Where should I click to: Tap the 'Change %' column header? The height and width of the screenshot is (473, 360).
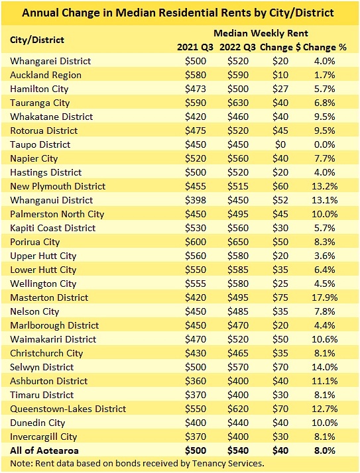point(325,47)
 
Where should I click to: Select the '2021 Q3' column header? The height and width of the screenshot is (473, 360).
point(195,47)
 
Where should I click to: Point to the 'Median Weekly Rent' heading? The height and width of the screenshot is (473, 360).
point(261,33)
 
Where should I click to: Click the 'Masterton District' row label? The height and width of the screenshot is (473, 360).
point(49,297)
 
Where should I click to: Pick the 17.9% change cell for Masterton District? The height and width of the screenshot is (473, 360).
point(325,297)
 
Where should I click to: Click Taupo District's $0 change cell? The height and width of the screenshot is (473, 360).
point(280,144)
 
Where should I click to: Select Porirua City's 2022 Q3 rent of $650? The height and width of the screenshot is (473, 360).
point(238,242)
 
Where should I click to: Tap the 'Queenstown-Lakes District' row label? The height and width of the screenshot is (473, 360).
point(68,409)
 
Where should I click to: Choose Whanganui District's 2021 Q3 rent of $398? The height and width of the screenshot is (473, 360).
point(196,200)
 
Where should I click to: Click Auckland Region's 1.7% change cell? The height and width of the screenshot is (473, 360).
point(325,75)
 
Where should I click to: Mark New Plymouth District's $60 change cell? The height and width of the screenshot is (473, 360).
point(280,186)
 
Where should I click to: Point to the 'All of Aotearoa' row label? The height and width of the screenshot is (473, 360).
point(44,450)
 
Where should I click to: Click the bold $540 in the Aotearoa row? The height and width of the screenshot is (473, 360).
point(238,450)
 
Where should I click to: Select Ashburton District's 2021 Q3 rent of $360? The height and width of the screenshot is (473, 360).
point(196,381)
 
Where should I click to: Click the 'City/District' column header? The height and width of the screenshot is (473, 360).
point(37,40)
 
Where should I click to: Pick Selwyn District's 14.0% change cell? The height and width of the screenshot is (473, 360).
point(325,367)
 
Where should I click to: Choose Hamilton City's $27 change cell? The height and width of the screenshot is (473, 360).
point(280,89)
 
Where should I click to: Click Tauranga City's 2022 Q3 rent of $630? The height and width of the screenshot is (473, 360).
point(238,103)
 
